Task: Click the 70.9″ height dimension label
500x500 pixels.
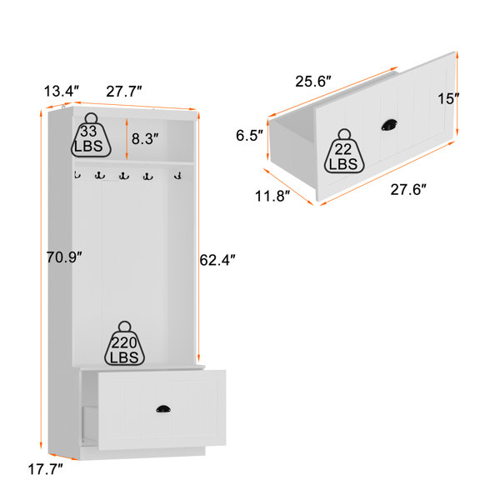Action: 64,257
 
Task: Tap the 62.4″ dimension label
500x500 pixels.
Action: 217,260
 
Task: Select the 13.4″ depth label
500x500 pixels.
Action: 61,91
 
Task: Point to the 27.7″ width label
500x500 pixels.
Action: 124,92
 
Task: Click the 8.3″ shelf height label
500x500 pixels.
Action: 145,138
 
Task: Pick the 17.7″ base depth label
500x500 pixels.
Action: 46,469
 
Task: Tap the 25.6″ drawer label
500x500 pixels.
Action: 313,82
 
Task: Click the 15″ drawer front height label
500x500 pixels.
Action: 448,98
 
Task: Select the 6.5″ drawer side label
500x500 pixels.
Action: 249,135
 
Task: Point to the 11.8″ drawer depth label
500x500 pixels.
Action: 272,196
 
